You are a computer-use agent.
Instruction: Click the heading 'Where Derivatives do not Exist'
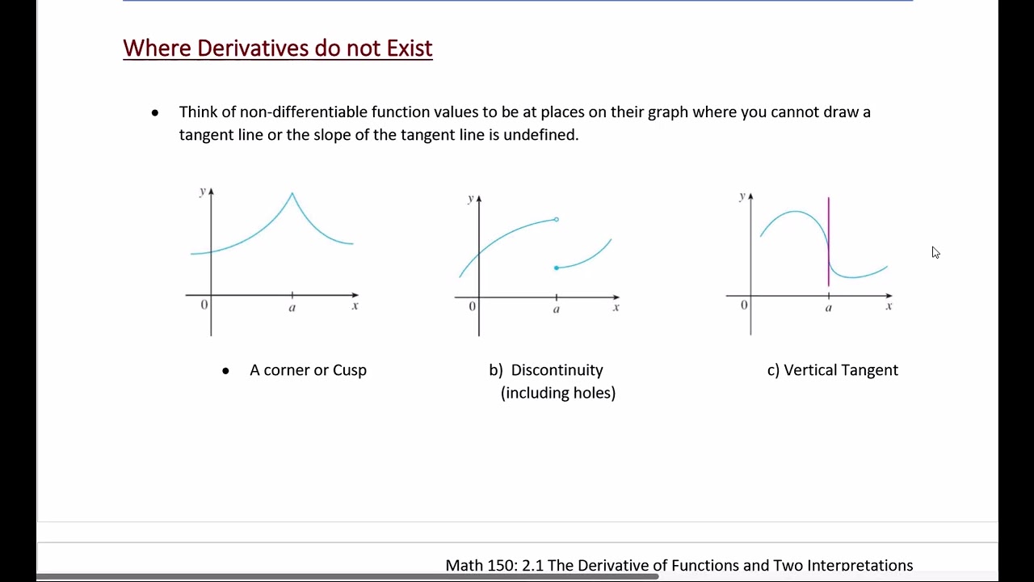277,48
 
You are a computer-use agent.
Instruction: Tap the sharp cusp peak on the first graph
292,194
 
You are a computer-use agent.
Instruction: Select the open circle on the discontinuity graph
556,219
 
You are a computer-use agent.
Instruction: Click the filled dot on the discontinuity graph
556,268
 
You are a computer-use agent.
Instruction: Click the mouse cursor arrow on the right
935,252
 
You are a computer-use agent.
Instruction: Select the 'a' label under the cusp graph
292,309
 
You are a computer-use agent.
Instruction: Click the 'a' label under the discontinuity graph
556,310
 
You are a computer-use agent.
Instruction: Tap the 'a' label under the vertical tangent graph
828,309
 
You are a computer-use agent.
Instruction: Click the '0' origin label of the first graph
204,305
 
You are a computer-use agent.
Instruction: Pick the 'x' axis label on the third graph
889,306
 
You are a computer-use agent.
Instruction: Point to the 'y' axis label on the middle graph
470,199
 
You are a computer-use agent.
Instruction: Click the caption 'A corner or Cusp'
308,370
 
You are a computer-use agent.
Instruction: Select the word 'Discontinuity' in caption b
557,370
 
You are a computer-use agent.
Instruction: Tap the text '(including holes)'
558,393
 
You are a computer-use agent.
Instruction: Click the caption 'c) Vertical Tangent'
832,370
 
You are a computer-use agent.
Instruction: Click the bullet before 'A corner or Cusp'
225,371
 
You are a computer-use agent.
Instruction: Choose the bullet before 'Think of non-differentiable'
155,112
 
